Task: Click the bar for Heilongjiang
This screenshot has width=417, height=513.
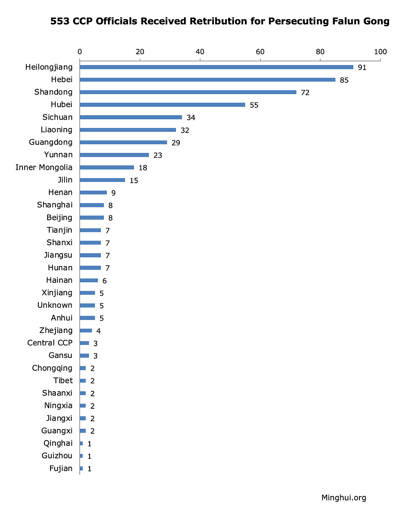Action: pyautogui.click(x=216, y=67)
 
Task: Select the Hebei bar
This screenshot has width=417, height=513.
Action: pyautogui.click(x=207, y=79)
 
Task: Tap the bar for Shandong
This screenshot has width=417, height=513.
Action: pyautogui.click(x=188, y=92)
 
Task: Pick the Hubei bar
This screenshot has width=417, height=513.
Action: pyautogui.click(x=162, y=105)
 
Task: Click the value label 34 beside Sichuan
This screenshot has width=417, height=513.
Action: pyautogui.click(x=191, y=118)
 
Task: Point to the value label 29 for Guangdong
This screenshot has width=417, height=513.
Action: pyautogui.click(x=176, y=143)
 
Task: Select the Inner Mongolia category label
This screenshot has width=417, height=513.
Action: pyautogui.click(x=44, y=167)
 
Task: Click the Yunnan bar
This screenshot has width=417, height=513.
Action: pyautogui.click(x=114, y=155)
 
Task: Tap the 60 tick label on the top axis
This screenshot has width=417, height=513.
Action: pyautogui.click(x=260, y=52)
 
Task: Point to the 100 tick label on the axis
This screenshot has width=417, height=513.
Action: pyautogui.click(x=380, y=52)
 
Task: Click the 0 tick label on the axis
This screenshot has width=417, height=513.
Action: pyautogui.click(x=80, y=52)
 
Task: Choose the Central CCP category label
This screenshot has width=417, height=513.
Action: pyautogui.click(x=50, y=343)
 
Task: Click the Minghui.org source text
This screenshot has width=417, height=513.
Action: pyautogui.click(x=344, y=497)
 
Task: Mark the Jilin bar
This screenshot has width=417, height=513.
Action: pyautogui.click(x=102, y=180)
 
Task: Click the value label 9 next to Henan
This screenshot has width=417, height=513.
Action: pyautogui.click(x=113, y=193)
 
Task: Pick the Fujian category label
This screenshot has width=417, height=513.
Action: pyautogui.click(x=60, y=468)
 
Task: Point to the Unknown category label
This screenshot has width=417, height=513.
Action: pyautogui.click(x=55, y=305)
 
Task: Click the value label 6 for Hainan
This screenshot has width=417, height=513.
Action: pyautogui.click(x=105, y=281)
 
